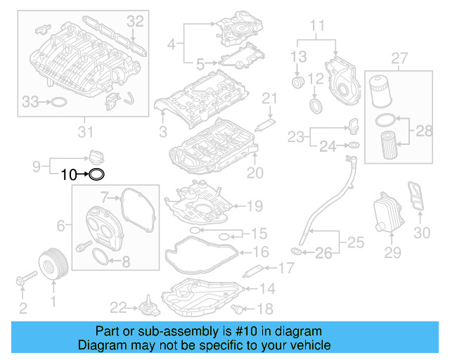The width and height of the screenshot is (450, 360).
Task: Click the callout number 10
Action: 68,174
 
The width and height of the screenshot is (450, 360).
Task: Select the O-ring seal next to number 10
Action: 97,174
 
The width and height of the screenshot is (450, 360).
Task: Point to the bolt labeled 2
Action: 22,281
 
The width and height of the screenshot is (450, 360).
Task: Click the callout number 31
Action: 84,130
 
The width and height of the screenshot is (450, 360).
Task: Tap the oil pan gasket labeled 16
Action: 200,251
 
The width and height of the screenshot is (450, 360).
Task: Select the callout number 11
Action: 318,27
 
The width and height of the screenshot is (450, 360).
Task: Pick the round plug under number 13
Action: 298,84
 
